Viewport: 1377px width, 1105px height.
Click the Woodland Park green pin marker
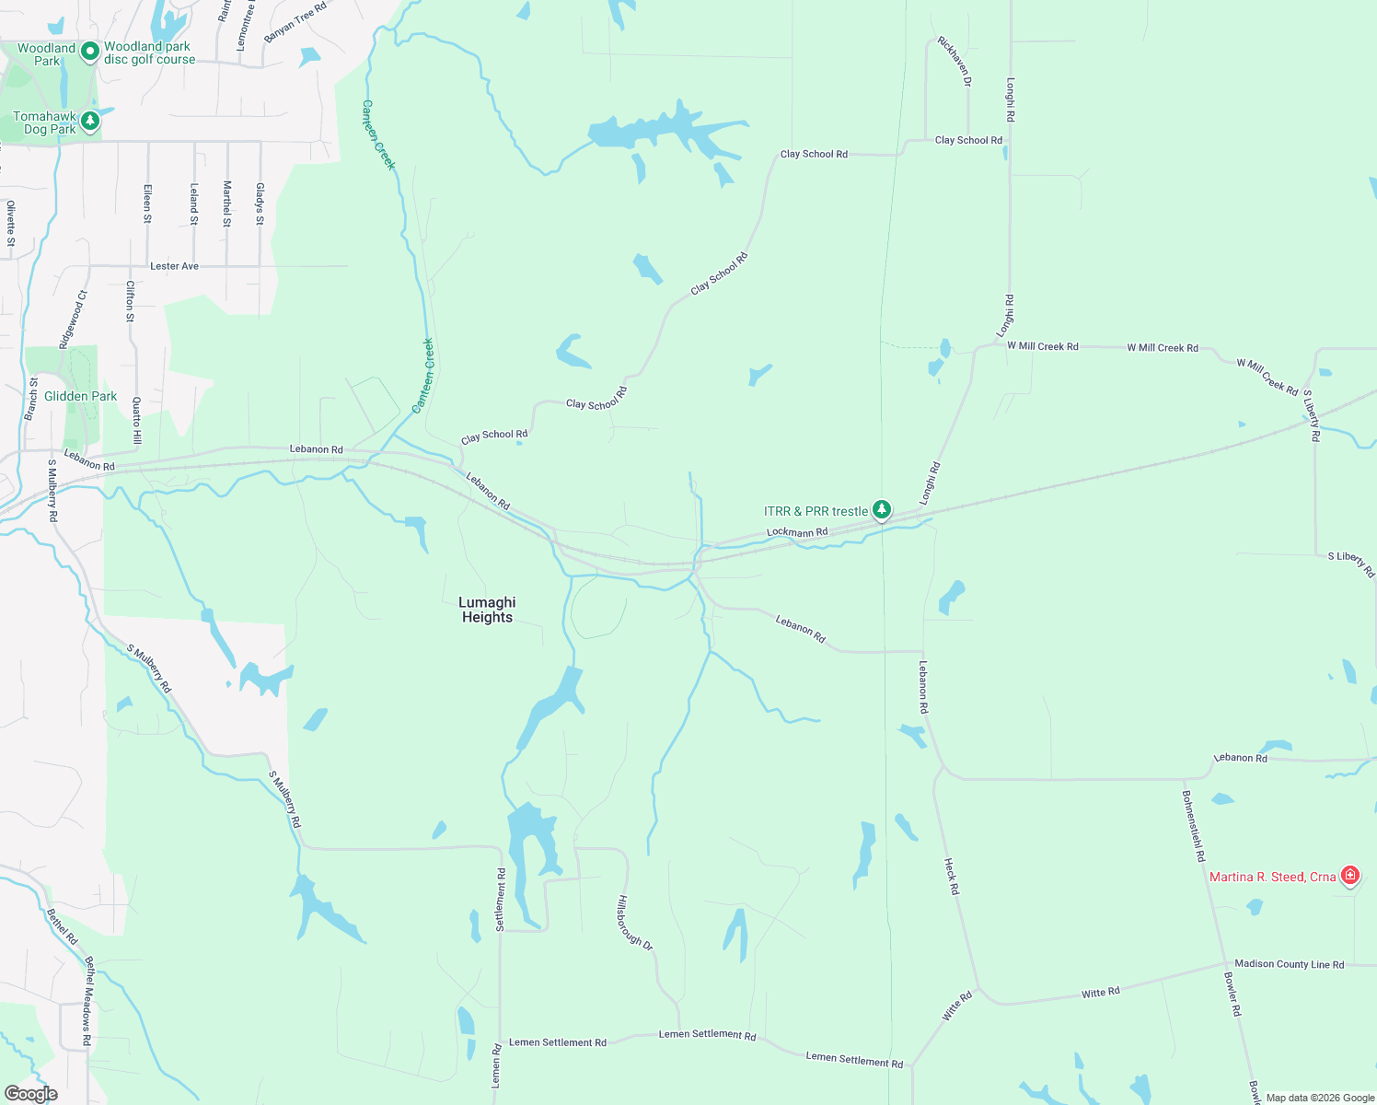(x=89, y=52)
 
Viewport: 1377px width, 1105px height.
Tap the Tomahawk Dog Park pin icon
(x=89, y=121)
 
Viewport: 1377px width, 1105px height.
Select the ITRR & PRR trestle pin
(x=882, y=509)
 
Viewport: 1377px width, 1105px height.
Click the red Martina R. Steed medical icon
(x=1349, y=875)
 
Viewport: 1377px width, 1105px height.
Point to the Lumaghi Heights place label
(x=487, y=610)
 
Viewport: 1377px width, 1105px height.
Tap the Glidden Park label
(x=81, y=396)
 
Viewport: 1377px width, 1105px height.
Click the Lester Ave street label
(x=174, y=266)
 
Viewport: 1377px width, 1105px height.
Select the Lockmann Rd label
(x=797, y=532)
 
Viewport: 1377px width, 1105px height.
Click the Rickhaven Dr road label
(x=954, y=62)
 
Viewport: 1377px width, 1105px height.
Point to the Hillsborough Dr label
(x=635, y=923)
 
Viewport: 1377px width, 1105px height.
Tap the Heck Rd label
(x=952, y=877)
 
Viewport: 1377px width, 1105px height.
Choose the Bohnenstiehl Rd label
(x=1194, y=825)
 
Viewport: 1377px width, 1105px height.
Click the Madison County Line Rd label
(x=1289, y=964)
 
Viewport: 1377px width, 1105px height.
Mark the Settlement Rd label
(x=501, y=899)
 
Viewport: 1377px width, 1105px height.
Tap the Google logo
(x=31, y=1094)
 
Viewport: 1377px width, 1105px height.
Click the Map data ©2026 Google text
(x=1320, y=1098)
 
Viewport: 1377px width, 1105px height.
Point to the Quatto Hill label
(x=136, y=421)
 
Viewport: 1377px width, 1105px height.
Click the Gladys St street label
(x=260, y=204)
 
